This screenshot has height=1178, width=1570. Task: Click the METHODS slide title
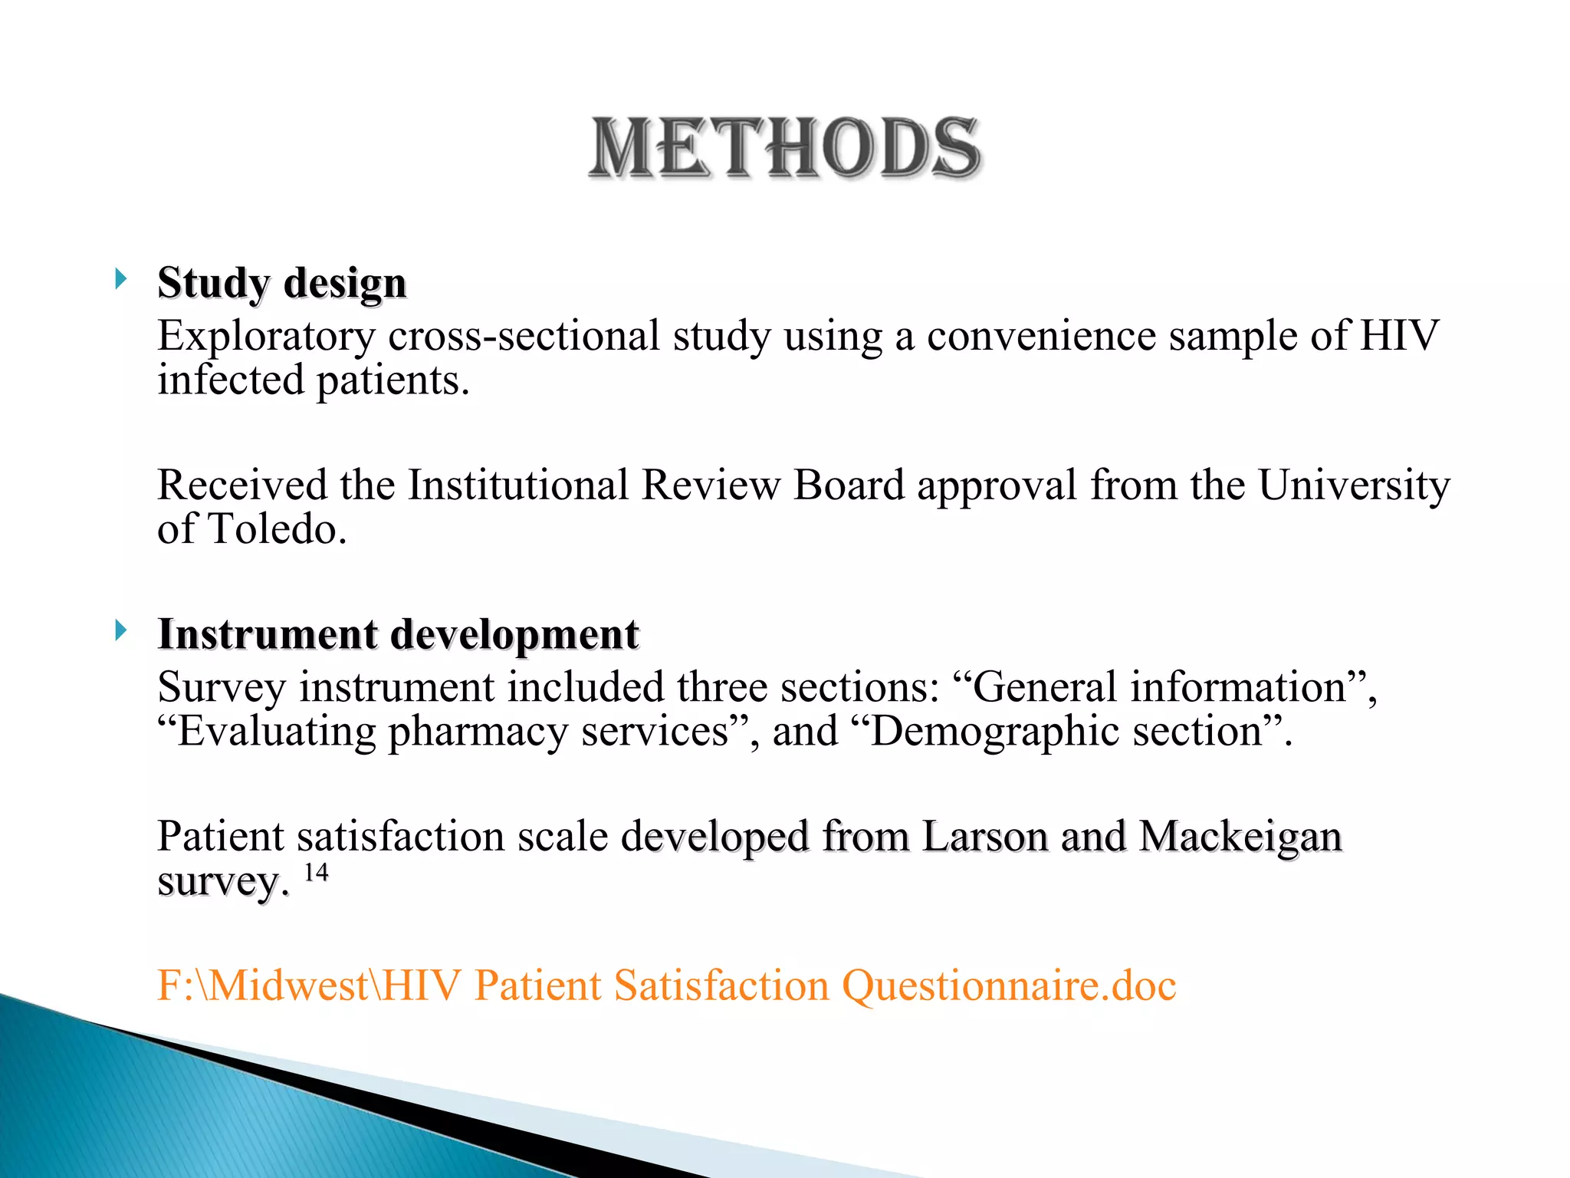pos(785,148)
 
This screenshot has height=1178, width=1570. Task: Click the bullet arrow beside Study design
pos(120,279)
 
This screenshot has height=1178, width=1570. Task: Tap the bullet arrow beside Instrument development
pos(120,630)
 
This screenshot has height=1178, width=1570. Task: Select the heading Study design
pos(281,283)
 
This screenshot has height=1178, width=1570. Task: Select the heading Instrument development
pos(398,635)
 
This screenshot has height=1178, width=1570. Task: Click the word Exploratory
pos(266,336)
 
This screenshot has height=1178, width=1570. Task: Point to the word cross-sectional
pos(524,336)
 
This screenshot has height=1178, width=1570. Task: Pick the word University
pos(1354,485)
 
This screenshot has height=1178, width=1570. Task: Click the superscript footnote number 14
pos(316,873)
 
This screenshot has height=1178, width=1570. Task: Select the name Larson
pos(985,836)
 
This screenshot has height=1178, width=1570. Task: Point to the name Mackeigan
pos(1240,836)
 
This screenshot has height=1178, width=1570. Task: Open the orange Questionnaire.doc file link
pos(666,986)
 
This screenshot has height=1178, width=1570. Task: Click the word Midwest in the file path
pos(288,986)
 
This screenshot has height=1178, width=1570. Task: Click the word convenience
pos(1041,336)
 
